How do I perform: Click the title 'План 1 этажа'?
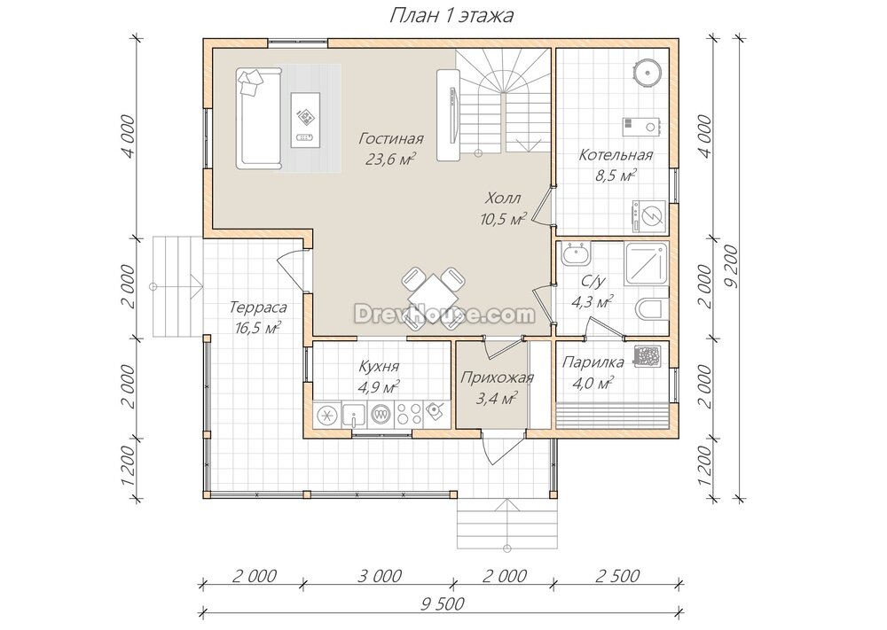(x=451, y=16)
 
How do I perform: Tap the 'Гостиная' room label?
(x=391, y=138)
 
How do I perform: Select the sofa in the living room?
(x=258, y=119)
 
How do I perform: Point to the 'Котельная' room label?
(x=616, y=155)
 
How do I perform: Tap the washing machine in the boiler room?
(x=649, y=216)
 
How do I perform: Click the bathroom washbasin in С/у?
(x=576, y=255)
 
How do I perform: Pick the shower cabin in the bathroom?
(x=647, y=264)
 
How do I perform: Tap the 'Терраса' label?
(x=258, y=307)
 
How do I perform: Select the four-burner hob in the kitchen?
(x=408, y=415)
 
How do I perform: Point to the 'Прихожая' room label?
(x=497, y=378)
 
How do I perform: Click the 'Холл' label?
(x=503, y=198)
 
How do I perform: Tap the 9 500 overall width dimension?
(x=442, y=603)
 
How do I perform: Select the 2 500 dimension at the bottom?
(x=617, y=576)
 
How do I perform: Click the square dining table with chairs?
(x=434, y=298)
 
